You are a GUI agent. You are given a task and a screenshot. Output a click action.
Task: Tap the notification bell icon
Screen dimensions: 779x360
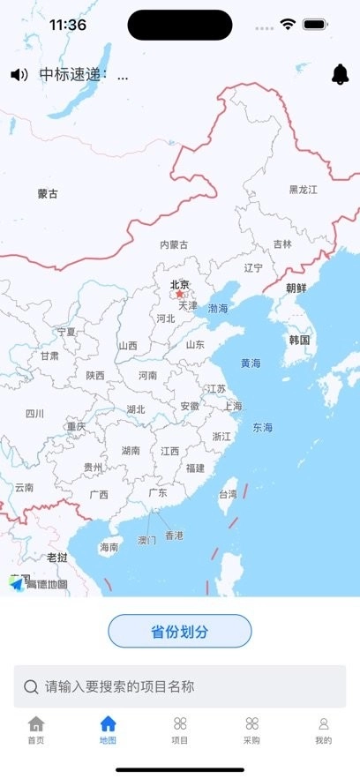click(340, 75)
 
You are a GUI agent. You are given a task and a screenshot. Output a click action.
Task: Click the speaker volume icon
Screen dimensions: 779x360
click(19, 75)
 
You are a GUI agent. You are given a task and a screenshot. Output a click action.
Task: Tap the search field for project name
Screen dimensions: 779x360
click(180, 686)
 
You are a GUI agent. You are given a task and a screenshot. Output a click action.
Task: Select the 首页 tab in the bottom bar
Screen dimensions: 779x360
click(36, 730)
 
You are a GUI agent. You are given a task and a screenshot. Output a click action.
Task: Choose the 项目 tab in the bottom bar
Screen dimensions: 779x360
click(180, 730)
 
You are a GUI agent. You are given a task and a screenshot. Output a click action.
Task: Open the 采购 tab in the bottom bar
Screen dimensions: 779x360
click(251, 730)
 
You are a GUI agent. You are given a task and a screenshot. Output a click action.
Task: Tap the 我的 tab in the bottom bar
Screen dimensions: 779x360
click(323, 730)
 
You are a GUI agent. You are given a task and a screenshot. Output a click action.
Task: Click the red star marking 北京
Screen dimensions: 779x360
click(180, 295)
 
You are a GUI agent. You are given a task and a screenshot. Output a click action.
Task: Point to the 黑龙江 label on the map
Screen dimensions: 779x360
click(303, 190)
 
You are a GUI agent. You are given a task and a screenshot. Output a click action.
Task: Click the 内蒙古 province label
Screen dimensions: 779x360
click(174, 244)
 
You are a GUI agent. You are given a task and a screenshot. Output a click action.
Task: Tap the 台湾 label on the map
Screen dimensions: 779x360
click(228, 494)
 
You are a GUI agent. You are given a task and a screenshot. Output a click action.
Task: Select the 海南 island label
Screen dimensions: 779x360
click(109, 547)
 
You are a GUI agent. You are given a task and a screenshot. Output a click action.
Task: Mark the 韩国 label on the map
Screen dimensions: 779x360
click(299, 340)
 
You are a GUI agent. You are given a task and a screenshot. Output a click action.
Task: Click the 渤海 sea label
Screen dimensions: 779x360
click(218, 309)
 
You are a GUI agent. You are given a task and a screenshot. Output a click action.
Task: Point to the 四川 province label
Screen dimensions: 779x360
click(34, 413)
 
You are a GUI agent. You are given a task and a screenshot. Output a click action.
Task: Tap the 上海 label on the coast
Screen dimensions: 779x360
click(233, 407)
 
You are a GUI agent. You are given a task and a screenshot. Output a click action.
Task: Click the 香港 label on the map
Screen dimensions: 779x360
click(175, 536)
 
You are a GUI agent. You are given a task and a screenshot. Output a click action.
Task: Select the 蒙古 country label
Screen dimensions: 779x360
click(48, 194)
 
